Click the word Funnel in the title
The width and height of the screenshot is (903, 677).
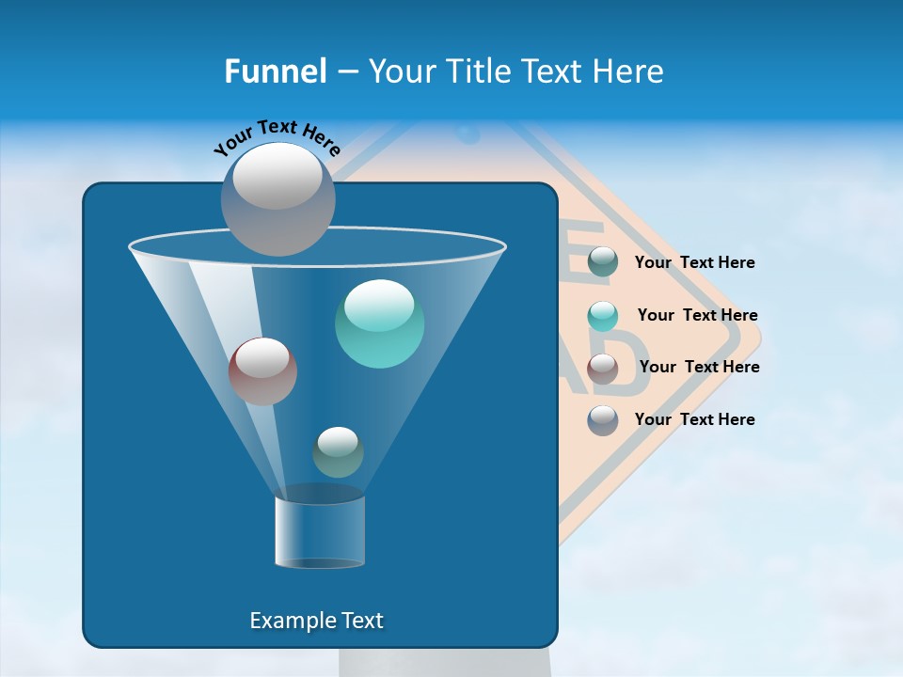tap(275, 71)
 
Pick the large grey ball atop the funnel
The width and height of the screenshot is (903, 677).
tap(278, 198)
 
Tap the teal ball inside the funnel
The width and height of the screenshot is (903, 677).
tap(379, 323)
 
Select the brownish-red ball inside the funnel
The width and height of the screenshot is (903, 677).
tap(262, 371)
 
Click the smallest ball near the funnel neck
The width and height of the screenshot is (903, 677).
tap(338, 452)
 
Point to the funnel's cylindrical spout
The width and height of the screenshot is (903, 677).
tap(319, 531)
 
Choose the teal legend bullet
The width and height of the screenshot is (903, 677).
tap(603, 316)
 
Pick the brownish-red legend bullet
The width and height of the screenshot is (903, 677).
tap(603, 368)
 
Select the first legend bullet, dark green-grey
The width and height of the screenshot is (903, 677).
tap(603, 262)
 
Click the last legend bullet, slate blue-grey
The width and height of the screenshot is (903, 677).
tap(603, 419)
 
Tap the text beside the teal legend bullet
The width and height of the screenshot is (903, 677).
tap(697, 315)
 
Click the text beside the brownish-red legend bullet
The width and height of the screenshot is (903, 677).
tap(699, 367)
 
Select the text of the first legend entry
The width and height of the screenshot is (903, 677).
tap(694, 262)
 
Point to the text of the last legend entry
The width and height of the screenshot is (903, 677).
tap(694, 419)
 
